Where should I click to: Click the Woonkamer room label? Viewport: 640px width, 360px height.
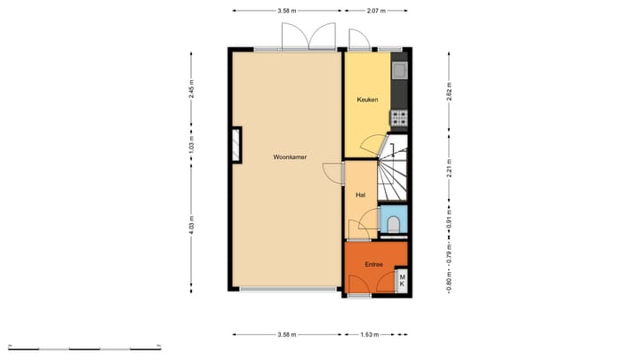291,156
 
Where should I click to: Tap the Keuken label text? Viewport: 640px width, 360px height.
367,100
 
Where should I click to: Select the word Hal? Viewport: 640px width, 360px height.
361,195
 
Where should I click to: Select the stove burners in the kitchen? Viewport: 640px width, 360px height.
399,116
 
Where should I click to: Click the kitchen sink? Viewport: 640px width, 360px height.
400,68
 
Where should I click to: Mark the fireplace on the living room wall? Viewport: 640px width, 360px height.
236,145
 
